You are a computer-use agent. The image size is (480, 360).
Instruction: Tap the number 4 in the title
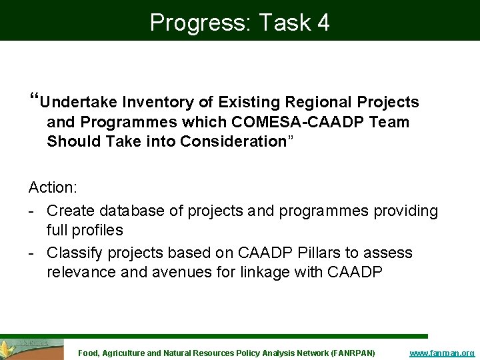click(323, 23)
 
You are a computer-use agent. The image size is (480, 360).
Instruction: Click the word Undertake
click(78, 102)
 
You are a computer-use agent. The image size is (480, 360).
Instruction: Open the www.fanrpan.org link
click(441, 353)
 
